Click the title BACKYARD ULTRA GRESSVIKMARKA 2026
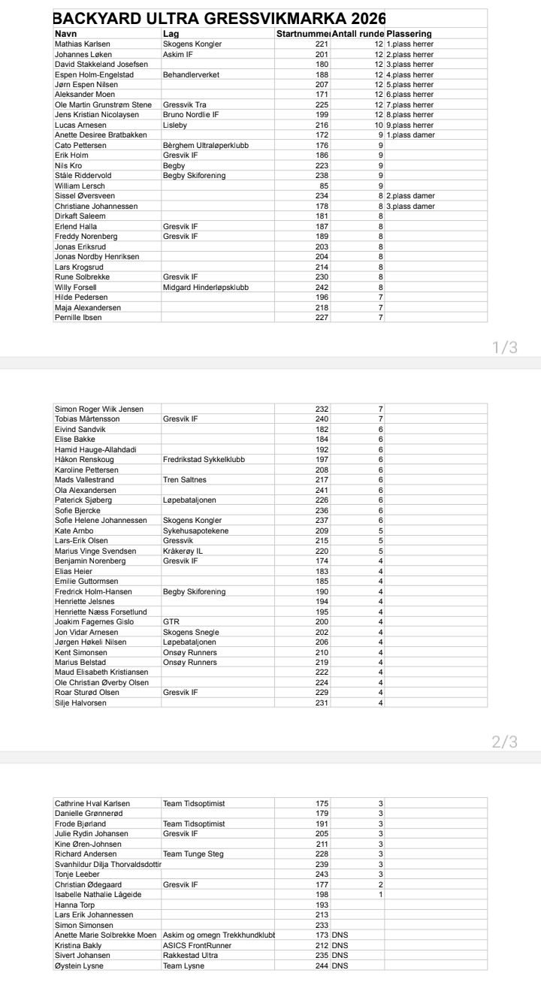click(219, 19)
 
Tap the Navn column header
click(66, 34)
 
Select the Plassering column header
click(409, 34)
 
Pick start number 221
click(322, 44)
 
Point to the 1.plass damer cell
click(410, 135)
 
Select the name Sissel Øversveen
click(84, 195)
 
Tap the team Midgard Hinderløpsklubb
click(205, 287)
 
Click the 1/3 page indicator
click(504, 347)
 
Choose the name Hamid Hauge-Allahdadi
click(95, 449)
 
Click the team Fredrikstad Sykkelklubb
click(204, 459)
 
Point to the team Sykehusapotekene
click(195, 530)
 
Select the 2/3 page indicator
click(504, 742)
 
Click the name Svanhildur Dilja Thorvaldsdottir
click(108, 864)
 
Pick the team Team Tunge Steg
click(193, 854)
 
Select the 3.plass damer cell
click(410, 206)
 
